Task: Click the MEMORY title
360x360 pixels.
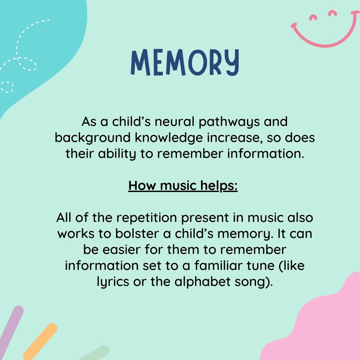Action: click(185, 62)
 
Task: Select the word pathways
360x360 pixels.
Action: click(229, 122)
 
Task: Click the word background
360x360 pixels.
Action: click(93, 138)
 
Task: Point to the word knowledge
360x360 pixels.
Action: click(169, 138)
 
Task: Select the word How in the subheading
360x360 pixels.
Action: click(142, 185)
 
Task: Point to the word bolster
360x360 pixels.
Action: click(137, 233)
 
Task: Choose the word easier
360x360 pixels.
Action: click(121, 250)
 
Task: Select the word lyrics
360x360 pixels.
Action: click(113, 282)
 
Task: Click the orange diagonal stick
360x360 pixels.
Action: click(40, 342)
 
